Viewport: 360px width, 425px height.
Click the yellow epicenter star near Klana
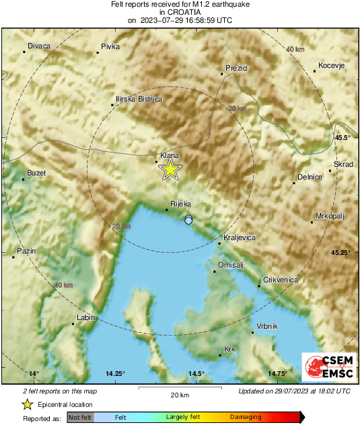pyautogui.click(x=171, y=169)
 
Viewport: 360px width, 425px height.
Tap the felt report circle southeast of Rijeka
pyautogui.click(x=189, y=220)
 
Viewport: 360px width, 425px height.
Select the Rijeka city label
pyautogui.click(x=181, y=203)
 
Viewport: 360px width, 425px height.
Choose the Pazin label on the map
pyautogui.click(x=26, y=250)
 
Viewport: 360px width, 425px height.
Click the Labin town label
pyautogui.click(x=85, y=317)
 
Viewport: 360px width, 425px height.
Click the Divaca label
pyautogui.click(x=39, y=46)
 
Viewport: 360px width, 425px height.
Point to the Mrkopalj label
pyautogui.click(x=330, y=216)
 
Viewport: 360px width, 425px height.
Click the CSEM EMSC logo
pyautogui.click(x=326, y=367)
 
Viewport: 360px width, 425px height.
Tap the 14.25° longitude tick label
pyautogui.click(x=115, y=373)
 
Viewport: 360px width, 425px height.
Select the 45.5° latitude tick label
pyautogui.click(x=343, y=138)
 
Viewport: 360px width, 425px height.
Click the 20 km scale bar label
pyautogui.click(x=179, y=395)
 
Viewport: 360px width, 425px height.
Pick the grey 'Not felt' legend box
pyautogui.click(x=80, y=418)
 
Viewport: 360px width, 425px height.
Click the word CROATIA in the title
pyautogui.click(x=180, y=12)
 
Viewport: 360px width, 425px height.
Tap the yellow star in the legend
pyautogui.click(x=27, y=404)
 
